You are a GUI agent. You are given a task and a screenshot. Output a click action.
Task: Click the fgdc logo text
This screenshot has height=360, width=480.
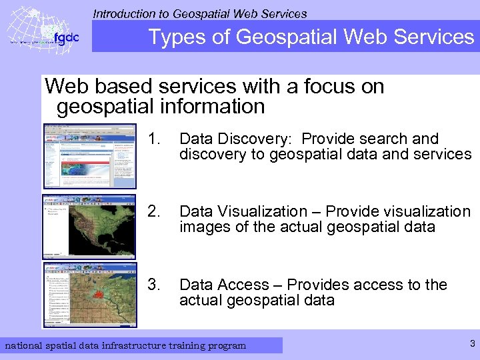pos(66,38)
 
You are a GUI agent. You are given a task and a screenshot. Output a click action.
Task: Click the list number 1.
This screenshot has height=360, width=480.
pos(156,139)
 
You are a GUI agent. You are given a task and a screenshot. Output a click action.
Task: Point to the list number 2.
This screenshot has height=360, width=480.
pos(155,211)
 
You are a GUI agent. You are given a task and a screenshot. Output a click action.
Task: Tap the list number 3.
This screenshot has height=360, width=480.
pos(155,285)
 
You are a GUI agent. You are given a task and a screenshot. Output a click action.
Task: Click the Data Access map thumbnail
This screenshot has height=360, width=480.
pos(89,295)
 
